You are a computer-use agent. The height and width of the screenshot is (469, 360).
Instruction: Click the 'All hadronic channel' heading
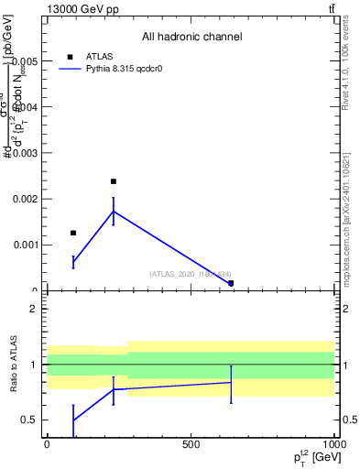point(191,37)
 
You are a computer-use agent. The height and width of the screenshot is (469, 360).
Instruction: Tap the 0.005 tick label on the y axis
point(23,60)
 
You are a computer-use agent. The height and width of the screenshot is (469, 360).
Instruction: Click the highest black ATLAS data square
point(114,181)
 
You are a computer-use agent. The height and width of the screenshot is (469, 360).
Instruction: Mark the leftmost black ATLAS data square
point(73,233)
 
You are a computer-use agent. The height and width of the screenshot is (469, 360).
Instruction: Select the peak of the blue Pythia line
point(114,212)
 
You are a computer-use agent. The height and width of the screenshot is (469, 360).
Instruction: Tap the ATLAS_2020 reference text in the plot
point(191,274)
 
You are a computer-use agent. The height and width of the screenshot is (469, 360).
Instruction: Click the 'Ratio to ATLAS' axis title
point(14,365)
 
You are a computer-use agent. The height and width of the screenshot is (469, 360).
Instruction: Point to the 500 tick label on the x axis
point(191,443)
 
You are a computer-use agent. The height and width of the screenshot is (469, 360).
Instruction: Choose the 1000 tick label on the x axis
point(331,443)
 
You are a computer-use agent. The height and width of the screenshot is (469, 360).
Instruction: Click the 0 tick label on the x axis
point(47,443)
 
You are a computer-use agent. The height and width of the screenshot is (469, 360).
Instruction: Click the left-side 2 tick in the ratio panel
point(33,309)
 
